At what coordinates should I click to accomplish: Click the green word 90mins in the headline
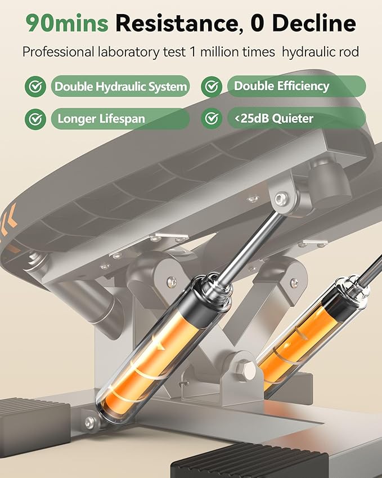pos(67,23)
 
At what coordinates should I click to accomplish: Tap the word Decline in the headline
pos(314,23)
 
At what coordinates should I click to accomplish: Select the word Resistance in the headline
pos(177,23)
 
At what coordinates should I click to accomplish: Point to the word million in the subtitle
pos(218,52)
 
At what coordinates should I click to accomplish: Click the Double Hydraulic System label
pos(120,86)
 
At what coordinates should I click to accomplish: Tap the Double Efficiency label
pos(296,86)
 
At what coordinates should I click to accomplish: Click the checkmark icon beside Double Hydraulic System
pos(35,87)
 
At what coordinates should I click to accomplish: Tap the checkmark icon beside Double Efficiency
pos(212,87)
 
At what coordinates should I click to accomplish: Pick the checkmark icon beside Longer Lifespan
pos(35,119)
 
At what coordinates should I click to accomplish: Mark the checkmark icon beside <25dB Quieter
pos(212,118)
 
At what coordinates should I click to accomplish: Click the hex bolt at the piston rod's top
pos(281,199)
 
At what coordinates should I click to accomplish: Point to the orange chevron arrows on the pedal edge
pos(8,225)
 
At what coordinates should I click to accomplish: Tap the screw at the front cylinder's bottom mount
pos(90,422)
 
